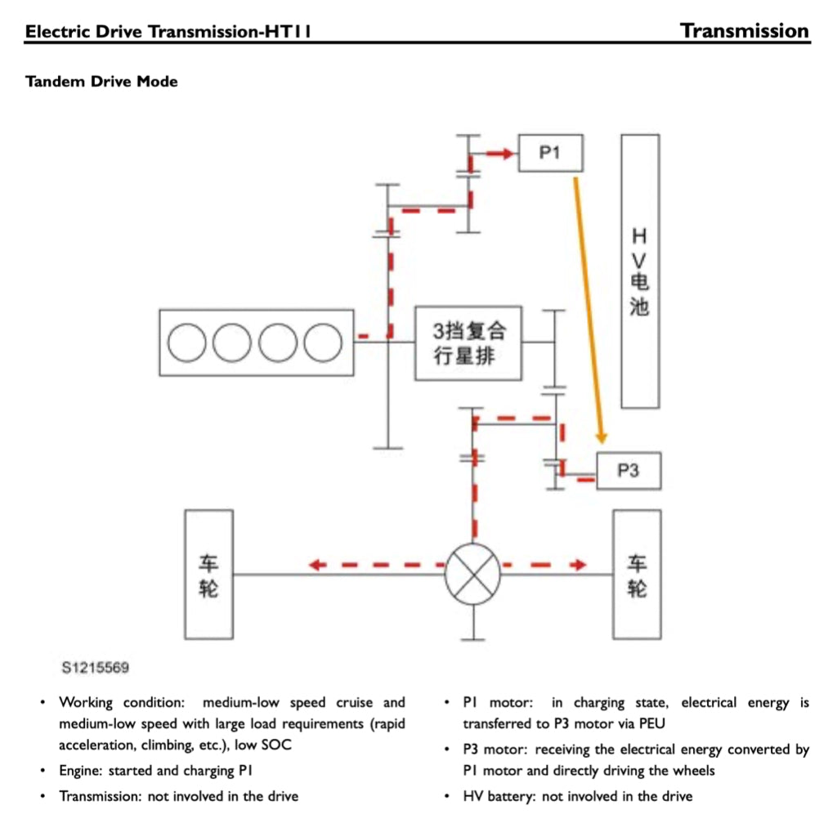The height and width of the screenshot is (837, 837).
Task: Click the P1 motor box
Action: pos(550,153)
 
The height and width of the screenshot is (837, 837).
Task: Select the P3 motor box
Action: pos(628,471)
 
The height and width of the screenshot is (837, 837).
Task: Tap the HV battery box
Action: pos(639,271)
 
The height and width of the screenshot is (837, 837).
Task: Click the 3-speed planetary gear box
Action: pos(468,343)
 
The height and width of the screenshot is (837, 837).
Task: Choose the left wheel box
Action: pos(208,574)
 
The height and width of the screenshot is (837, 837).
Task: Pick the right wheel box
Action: pos(637,574)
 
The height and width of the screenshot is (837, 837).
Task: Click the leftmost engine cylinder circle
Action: pos(188,342)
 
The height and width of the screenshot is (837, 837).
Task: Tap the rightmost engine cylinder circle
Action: pos(323,342)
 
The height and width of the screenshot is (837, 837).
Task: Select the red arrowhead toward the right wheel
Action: pos(580,565)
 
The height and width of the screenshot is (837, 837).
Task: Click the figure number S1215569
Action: pos(95,668)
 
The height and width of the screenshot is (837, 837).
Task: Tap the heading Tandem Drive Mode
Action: pos(101,82)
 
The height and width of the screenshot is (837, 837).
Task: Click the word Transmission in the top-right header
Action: pos(745,31)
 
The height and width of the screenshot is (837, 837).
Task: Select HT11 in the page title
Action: pos(286,33)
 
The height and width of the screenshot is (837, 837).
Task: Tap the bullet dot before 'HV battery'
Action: pos(447,796)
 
